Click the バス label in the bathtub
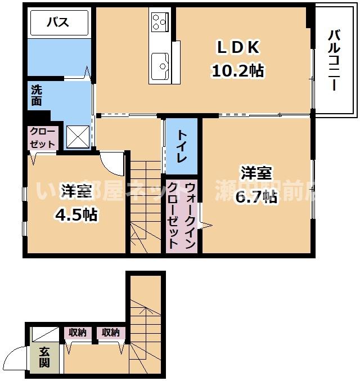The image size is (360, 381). click(57, 23)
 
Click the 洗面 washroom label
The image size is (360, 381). click(37, 95)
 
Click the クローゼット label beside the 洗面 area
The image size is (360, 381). click(43, 137)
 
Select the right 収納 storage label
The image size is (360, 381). click(111, 333)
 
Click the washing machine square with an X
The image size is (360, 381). click(78, 136)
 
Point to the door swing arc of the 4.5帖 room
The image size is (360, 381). click(112, 163)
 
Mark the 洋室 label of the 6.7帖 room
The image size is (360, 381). click(256, 172)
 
